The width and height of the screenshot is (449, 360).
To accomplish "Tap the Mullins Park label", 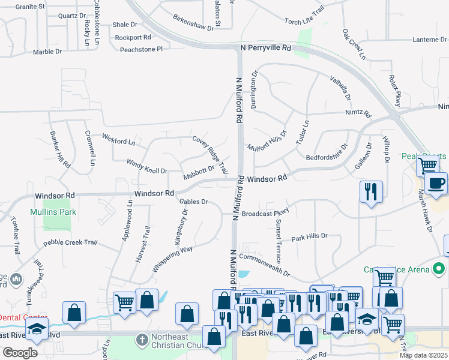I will pyautogui.click(x=53, y=212).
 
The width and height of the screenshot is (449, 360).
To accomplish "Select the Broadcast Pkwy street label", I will pyautogui.click(x=265, y=213).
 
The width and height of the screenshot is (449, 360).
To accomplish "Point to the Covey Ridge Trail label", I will pyautogui.click(x=210, y=154).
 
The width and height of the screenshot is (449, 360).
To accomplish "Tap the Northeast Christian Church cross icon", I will pyautogui.click(x=142, y=340).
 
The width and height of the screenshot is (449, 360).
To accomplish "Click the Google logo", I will pyautogui.click(x=19, y=353).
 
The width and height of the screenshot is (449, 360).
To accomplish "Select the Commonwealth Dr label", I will pyautogui.click(x=264, y=265).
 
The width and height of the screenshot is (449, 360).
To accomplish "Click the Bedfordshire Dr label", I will pyautogui.click(x=327, y=152).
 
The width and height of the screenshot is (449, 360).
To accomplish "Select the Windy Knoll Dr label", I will pyautogui.click(x=146, y=166).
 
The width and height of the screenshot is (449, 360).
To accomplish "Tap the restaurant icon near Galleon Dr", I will pyautogui.click(x=371, y=191).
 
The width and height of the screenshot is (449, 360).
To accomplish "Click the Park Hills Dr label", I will pyautogui.click(x=309, y=236).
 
